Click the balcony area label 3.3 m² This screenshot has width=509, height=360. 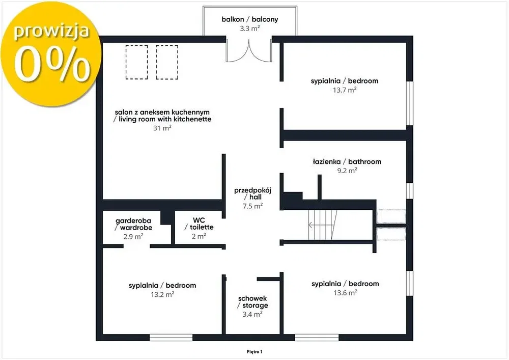tap(249, 29)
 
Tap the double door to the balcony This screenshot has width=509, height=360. tap(249, 50)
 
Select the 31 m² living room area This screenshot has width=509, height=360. tap(162, 128)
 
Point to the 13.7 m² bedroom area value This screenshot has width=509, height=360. tap(345, 90)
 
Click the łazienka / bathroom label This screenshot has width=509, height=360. tap(347, 161)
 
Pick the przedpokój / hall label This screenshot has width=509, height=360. tap(252, 193)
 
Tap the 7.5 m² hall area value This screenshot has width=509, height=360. tap(252, 206)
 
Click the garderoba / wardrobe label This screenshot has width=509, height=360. tap(133, 224)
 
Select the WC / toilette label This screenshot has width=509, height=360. tap(199, 224)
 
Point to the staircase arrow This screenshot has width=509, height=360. tap(321, 225)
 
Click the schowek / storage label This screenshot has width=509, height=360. tap(252, 302)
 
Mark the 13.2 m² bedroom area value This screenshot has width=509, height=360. tap(162, 294)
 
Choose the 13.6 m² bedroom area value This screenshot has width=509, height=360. tap(345, 293)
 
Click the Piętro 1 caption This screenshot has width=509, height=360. tap(254, 351)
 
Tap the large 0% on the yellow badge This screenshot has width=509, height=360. tap(52, 64)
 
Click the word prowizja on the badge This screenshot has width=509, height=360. tap(51, 32)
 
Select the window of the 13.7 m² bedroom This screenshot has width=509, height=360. tap(410, 103)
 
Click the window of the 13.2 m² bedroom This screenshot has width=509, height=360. tap(171, 338)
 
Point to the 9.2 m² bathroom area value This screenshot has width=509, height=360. tap(347, 171)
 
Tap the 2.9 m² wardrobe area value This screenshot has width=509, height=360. tap(133, 237)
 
